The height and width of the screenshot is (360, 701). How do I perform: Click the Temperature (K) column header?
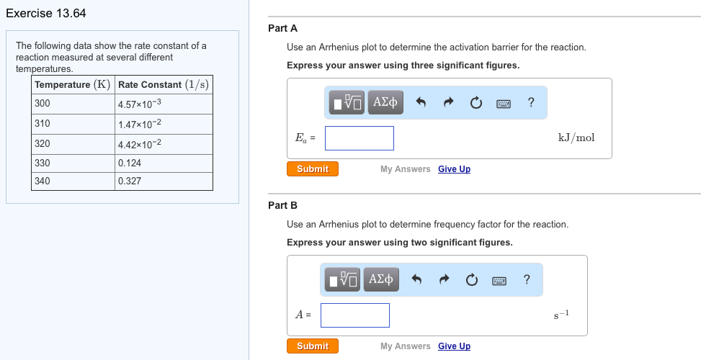tap(72, 85)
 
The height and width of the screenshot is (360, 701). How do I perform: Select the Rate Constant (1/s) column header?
tap(164, 85)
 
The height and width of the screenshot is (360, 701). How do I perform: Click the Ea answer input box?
tap(359, 138)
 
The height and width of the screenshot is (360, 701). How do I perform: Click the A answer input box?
tap(354, 315)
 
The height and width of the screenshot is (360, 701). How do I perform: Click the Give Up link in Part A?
tap(454, 169)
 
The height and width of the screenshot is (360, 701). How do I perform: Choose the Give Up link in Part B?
tap(454, 346)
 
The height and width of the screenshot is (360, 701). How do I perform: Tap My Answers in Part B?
tap(405, 346)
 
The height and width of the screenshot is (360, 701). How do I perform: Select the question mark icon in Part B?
tap(527, 279)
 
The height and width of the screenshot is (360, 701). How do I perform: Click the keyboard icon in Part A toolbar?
tap(504, 103)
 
